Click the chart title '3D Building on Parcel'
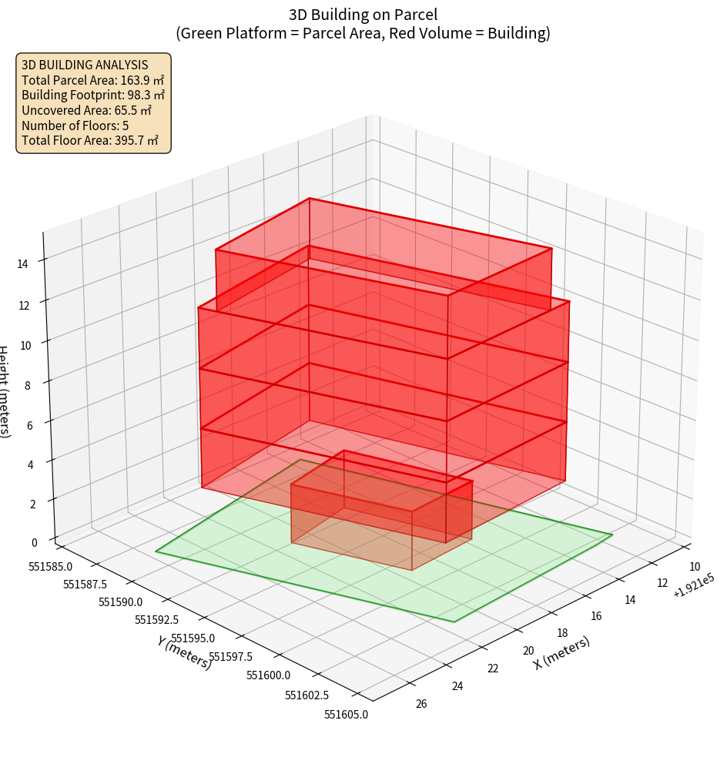click(x=363, y=15)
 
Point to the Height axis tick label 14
click(x=23, y=263)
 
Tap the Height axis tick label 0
click(x=35, y=542)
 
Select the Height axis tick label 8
click(x=27, y=385)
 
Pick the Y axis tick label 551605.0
click(x=346, y=715)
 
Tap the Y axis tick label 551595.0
click(x=193, y=638)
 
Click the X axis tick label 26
click(x=421, y=703)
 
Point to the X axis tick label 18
click(x=562, y=633)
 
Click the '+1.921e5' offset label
click(x=692, y=587)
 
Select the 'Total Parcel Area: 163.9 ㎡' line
click(x=92, y=80)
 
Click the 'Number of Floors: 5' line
click(x=75, y=126)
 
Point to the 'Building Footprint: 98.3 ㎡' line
click(x=93, y=95)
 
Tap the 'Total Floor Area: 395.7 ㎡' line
click(x=90, y=141)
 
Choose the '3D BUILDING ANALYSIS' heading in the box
click(x=85, y=65)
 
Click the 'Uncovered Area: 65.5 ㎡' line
click(x=86, y=110)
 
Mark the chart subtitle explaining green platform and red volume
click(x=363, y=33)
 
